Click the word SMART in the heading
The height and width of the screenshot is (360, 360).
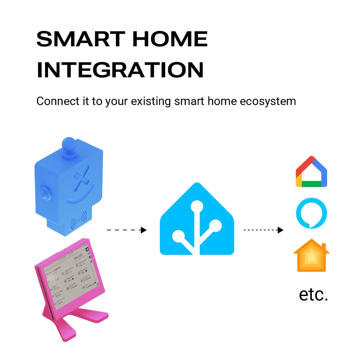point(80,39)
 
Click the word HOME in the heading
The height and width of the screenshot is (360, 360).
point(170,39)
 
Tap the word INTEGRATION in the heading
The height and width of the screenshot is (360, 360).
point(120,70)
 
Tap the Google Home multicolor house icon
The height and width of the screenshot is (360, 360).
point(311,171)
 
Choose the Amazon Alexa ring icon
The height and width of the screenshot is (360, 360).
point(311,213)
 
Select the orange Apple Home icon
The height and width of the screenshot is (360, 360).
point(311,256)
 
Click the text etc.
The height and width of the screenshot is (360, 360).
point(313,294)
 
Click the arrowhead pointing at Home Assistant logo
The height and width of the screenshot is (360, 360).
point(144,230)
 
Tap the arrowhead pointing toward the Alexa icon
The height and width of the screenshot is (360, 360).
point(281,230)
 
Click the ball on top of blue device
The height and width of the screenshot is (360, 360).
point(69,144)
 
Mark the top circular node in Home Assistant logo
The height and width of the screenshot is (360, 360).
point(197,206)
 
